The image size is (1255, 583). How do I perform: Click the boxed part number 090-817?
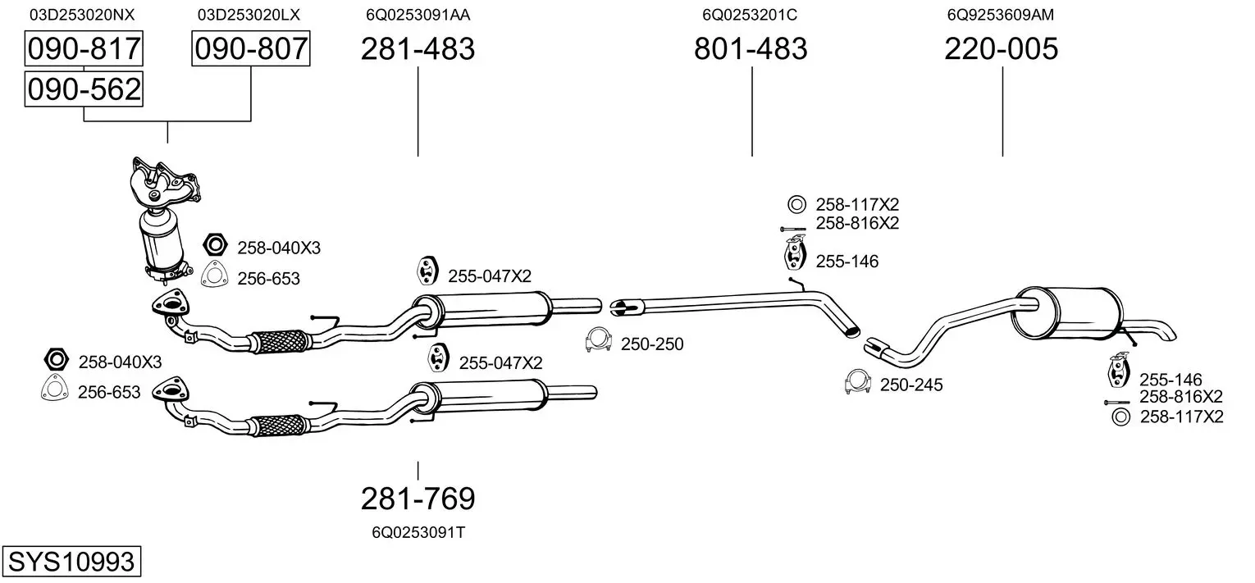(84, 49)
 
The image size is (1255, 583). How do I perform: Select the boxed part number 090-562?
(84, 89)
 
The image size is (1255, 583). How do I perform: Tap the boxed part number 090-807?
(250, 49)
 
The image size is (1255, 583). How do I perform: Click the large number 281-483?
(418, 49)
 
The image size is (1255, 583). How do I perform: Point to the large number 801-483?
(751, 49)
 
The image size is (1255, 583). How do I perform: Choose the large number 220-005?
(1001, 49)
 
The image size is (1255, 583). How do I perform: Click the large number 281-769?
(418, 499)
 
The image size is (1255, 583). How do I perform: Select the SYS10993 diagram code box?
(71, 563)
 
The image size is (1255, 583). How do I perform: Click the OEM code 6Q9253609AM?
(1000, 14)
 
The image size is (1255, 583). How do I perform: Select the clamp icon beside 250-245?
(857, 381)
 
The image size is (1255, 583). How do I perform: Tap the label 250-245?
(911, 385)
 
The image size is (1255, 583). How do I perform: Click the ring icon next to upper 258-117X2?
(796, 204)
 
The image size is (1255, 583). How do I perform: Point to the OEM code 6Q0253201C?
(750, 14)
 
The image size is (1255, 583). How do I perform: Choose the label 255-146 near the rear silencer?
(1171, 380)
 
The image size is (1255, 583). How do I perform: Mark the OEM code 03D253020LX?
(249, 14)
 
